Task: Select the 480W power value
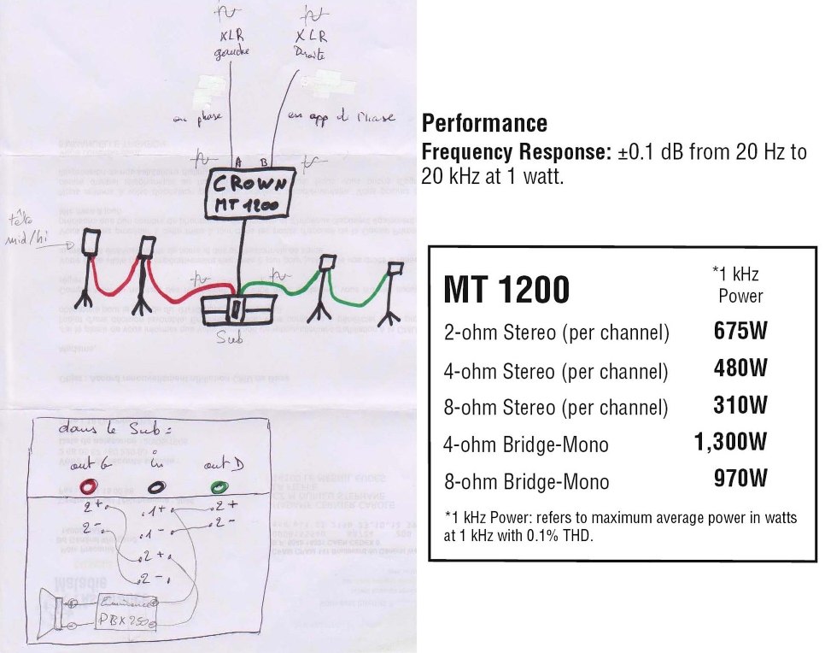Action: tap(740, 368)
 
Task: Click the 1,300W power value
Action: tap(730, 443)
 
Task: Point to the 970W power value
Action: tap(740, 479)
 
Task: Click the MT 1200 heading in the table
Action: tap(506, 291)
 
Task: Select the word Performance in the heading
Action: tap(484, 123)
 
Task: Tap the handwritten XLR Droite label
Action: tap(312, 44)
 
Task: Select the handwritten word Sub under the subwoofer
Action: tap(230, 338)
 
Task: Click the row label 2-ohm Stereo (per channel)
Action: tap(556, 332)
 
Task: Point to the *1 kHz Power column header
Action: tap(735, 285)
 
